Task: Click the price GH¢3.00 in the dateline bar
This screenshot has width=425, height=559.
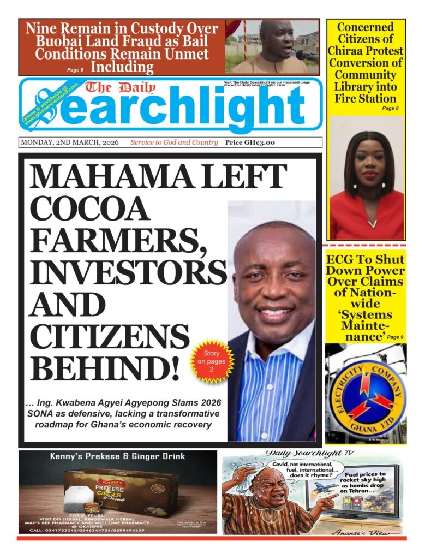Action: coord(250,142)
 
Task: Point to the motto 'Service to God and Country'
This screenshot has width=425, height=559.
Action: coord(173,142)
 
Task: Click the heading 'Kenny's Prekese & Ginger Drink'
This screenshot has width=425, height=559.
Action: coord(118,456)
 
